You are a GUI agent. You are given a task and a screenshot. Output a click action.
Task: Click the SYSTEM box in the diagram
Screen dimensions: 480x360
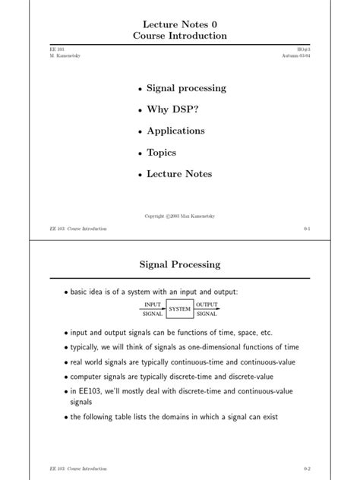[180, 309]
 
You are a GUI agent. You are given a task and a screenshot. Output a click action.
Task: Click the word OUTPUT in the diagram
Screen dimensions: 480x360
[207, 305]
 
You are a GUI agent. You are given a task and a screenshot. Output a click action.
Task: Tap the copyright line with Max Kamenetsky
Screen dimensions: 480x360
[180, 216]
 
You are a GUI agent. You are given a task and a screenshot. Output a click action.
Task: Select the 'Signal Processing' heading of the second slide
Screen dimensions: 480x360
[180, 264]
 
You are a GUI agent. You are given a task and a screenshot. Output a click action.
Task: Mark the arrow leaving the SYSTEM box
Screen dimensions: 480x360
[207, 310]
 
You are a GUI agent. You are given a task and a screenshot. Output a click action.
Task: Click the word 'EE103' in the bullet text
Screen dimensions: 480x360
[75, 391]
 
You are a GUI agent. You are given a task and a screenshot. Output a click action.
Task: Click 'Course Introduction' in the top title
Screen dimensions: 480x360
[180, 36]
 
